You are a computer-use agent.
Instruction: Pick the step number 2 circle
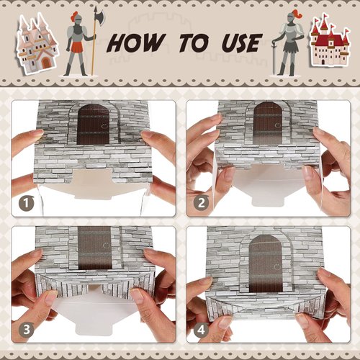[x=202, y=204]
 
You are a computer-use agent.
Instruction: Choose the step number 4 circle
[x=202, y=330]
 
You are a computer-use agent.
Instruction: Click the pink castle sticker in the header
[x=35, y=43]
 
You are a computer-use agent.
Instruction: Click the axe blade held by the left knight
[x=99, y=17]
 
